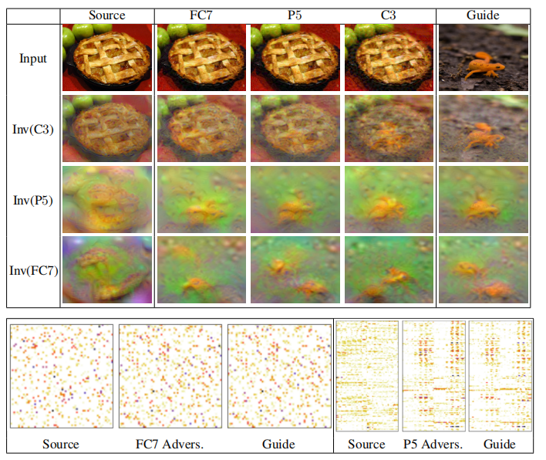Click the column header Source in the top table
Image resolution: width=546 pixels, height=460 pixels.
coord(106,15)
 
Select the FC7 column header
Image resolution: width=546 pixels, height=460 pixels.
coord(201,15)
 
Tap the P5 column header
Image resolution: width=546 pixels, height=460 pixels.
coord(295,15)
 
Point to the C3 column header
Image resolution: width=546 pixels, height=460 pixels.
coord(389,15)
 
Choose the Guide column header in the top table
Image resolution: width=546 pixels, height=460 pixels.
coord(484,15)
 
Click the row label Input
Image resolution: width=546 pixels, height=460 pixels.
coord(32,58)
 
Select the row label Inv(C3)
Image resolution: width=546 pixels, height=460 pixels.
coord(32,129)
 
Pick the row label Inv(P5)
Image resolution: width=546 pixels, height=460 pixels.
coord(32,200)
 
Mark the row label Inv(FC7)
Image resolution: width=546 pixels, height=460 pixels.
coord(32,271)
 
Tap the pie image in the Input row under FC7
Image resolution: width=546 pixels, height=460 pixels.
coord(201,58)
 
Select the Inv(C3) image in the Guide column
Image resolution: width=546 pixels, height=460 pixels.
coord(484,127)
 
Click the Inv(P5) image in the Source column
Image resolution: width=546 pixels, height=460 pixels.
coord(106,199)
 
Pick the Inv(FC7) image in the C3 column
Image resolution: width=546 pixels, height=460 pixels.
coord(389,270)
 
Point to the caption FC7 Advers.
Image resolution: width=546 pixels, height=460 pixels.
coord(170,444)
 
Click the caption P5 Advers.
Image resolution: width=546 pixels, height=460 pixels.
coord(432,444)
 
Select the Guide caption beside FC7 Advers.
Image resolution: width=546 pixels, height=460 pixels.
coord(278,444)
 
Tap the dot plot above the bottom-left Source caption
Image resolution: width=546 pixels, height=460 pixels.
coord(61,376)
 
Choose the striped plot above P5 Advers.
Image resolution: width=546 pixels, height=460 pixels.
coord(433,376)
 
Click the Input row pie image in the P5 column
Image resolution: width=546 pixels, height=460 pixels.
coord(295,58)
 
